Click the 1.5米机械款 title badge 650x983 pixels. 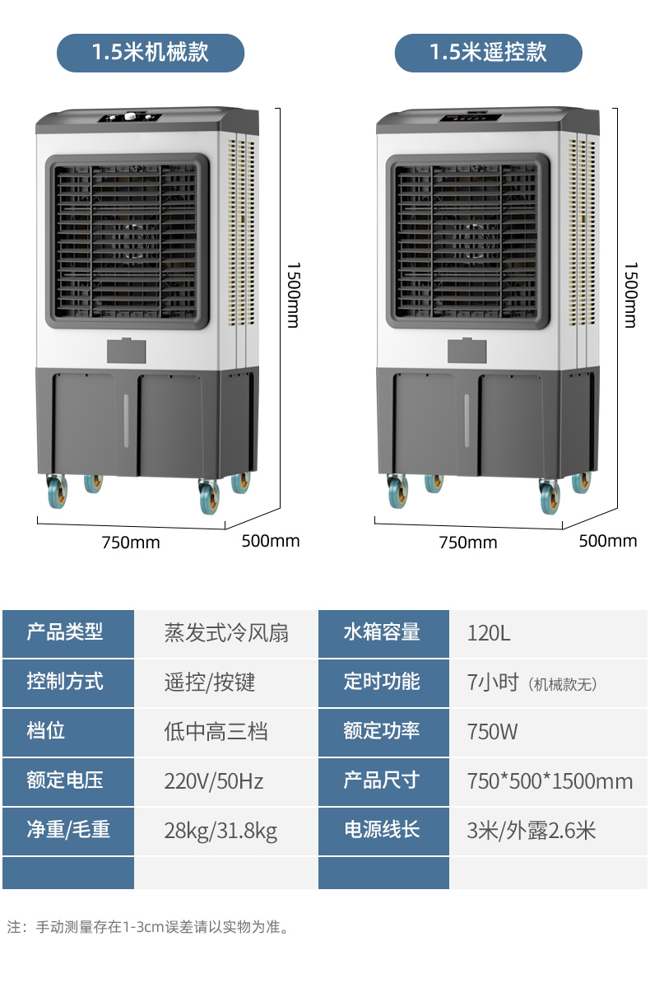[x=151, y=53]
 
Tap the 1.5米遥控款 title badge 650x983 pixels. [x=488, y=53]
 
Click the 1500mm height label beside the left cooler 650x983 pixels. [x=293, y=294]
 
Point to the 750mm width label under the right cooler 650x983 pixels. [x=468, y=543]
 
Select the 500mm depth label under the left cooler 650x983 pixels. [x=271, y=541]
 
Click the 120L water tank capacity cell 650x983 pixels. [x=489, y=633]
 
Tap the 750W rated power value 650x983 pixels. [x=492, y=731]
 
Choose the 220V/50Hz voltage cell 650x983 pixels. [x=214, y=780]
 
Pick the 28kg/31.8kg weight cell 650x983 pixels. [x=221, y=830]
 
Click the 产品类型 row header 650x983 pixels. [x=65, y=632]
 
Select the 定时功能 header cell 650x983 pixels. [x=382, y=682]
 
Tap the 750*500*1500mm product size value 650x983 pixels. [x=550, y=780]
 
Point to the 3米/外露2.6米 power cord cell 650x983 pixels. [x=531, y=830]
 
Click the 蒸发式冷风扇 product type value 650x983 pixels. [x=226, y=633]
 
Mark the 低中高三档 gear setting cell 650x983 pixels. [x=216, y=731]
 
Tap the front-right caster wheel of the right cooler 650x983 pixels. [x=549, y=496]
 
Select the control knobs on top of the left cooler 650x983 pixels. [x=129, y=118]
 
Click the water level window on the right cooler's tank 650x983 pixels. [x=466, y=420]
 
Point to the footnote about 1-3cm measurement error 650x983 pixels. [x=148, y=927]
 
